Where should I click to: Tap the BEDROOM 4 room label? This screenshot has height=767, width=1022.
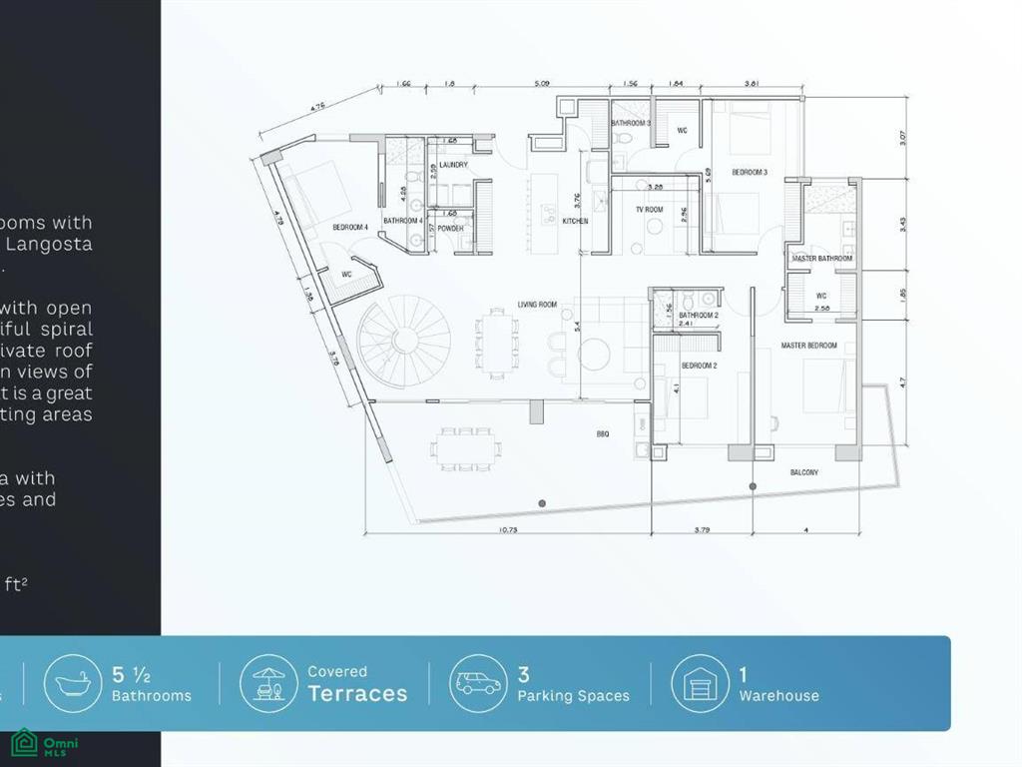[350, 228]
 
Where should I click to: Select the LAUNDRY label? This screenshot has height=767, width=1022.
[453, 166]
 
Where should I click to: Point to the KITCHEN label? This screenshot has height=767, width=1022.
[575, 221]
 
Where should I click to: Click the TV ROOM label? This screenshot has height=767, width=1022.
[650, 211]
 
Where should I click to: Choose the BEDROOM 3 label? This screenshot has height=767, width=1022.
[750, 173]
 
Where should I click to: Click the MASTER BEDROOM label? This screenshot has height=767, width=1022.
[808, 347]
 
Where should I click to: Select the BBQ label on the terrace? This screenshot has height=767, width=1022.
[603, 433]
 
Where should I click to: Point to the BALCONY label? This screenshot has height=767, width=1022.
[804, 472]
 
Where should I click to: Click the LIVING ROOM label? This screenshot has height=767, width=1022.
[537, 305]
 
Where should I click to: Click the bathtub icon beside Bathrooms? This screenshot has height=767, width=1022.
[73, 683]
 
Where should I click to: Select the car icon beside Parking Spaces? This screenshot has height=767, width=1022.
[478, 683]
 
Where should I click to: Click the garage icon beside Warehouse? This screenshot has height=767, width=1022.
[700, 683]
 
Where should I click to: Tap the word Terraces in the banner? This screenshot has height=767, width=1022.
[357, 694]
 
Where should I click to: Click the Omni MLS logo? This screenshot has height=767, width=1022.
[45, 743]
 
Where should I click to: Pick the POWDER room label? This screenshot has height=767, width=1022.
[450, 229]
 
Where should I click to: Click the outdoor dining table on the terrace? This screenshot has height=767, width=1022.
[466, 448]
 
